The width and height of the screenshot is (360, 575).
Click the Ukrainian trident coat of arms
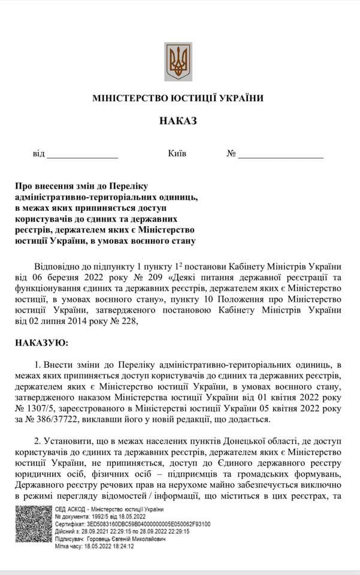coord(178,61)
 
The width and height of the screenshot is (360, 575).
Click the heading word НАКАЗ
coord(178,120)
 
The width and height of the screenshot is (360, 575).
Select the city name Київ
coord(177,154)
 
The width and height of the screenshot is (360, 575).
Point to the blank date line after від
coord(83,155)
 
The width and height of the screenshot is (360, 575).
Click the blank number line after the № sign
coord(281,155)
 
